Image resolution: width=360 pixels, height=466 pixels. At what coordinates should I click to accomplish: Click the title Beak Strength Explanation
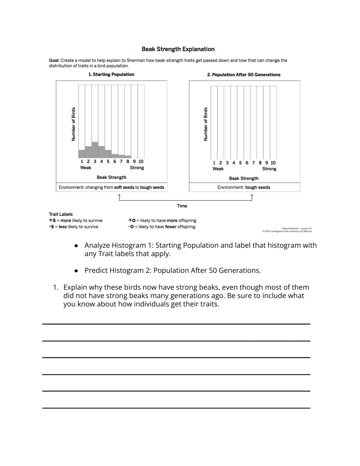(178, 49)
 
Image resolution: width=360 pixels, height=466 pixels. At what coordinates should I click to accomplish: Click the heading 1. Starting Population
(111, 74)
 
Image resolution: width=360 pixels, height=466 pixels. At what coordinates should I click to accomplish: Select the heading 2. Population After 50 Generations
(243, 75)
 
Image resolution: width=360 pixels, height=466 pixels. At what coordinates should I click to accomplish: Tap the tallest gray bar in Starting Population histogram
(95, 150)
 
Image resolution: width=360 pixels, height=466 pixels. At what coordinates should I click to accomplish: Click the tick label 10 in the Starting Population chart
(141, 162)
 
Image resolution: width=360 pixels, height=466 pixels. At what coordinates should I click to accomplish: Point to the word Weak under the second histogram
(218, 169)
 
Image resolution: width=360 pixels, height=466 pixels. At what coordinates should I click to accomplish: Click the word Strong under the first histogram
(137, 168)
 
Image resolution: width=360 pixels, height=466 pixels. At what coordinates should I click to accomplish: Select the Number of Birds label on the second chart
(206, 124)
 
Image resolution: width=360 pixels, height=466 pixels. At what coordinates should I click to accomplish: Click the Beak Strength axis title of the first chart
(111, 177)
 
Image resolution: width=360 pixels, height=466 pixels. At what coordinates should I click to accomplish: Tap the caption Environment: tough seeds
(243, 187)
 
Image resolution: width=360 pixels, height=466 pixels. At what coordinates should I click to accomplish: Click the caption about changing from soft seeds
(111, 187)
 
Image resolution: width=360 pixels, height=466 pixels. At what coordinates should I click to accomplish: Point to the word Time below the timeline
(182, 206)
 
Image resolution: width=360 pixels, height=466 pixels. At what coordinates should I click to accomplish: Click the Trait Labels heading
(61, 214)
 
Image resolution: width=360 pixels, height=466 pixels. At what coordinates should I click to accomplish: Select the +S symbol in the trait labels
(52, 220)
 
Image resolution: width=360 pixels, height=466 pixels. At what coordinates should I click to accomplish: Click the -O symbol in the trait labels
(131, 227)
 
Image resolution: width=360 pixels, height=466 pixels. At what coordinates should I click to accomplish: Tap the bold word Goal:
(54, 60)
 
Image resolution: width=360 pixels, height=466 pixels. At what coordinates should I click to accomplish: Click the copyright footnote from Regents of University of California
(287, 232)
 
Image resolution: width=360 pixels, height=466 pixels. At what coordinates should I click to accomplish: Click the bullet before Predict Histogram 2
(76, 271)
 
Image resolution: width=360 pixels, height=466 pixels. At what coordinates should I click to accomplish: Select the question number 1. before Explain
(56, 287)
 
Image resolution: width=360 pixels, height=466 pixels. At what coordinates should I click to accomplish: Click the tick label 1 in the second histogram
(214, 163)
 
